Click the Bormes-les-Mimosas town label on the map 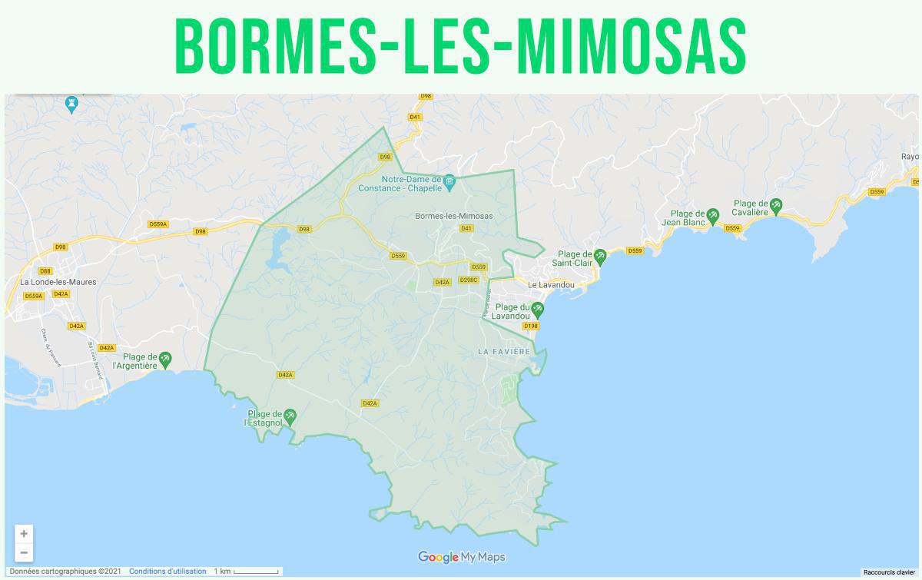453,216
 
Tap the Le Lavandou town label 551,285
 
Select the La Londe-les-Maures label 58,282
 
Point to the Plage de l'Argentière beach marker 165,359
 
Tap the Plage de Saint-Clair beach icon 600,256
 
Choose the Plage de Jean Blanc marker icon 713,216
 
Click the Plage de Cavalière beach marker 776,205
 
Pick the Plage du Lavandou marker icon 539,310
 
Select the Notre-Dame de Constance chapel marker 450,181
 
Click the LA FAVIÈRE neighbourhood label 504,351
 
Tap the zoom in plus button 24,533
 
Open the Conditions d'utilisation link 167,572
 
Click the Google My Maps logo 461,557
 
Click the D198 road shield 530,326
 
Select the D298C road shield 469,280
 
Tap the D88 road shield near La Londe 45,271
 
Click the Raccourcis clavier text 889,572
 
